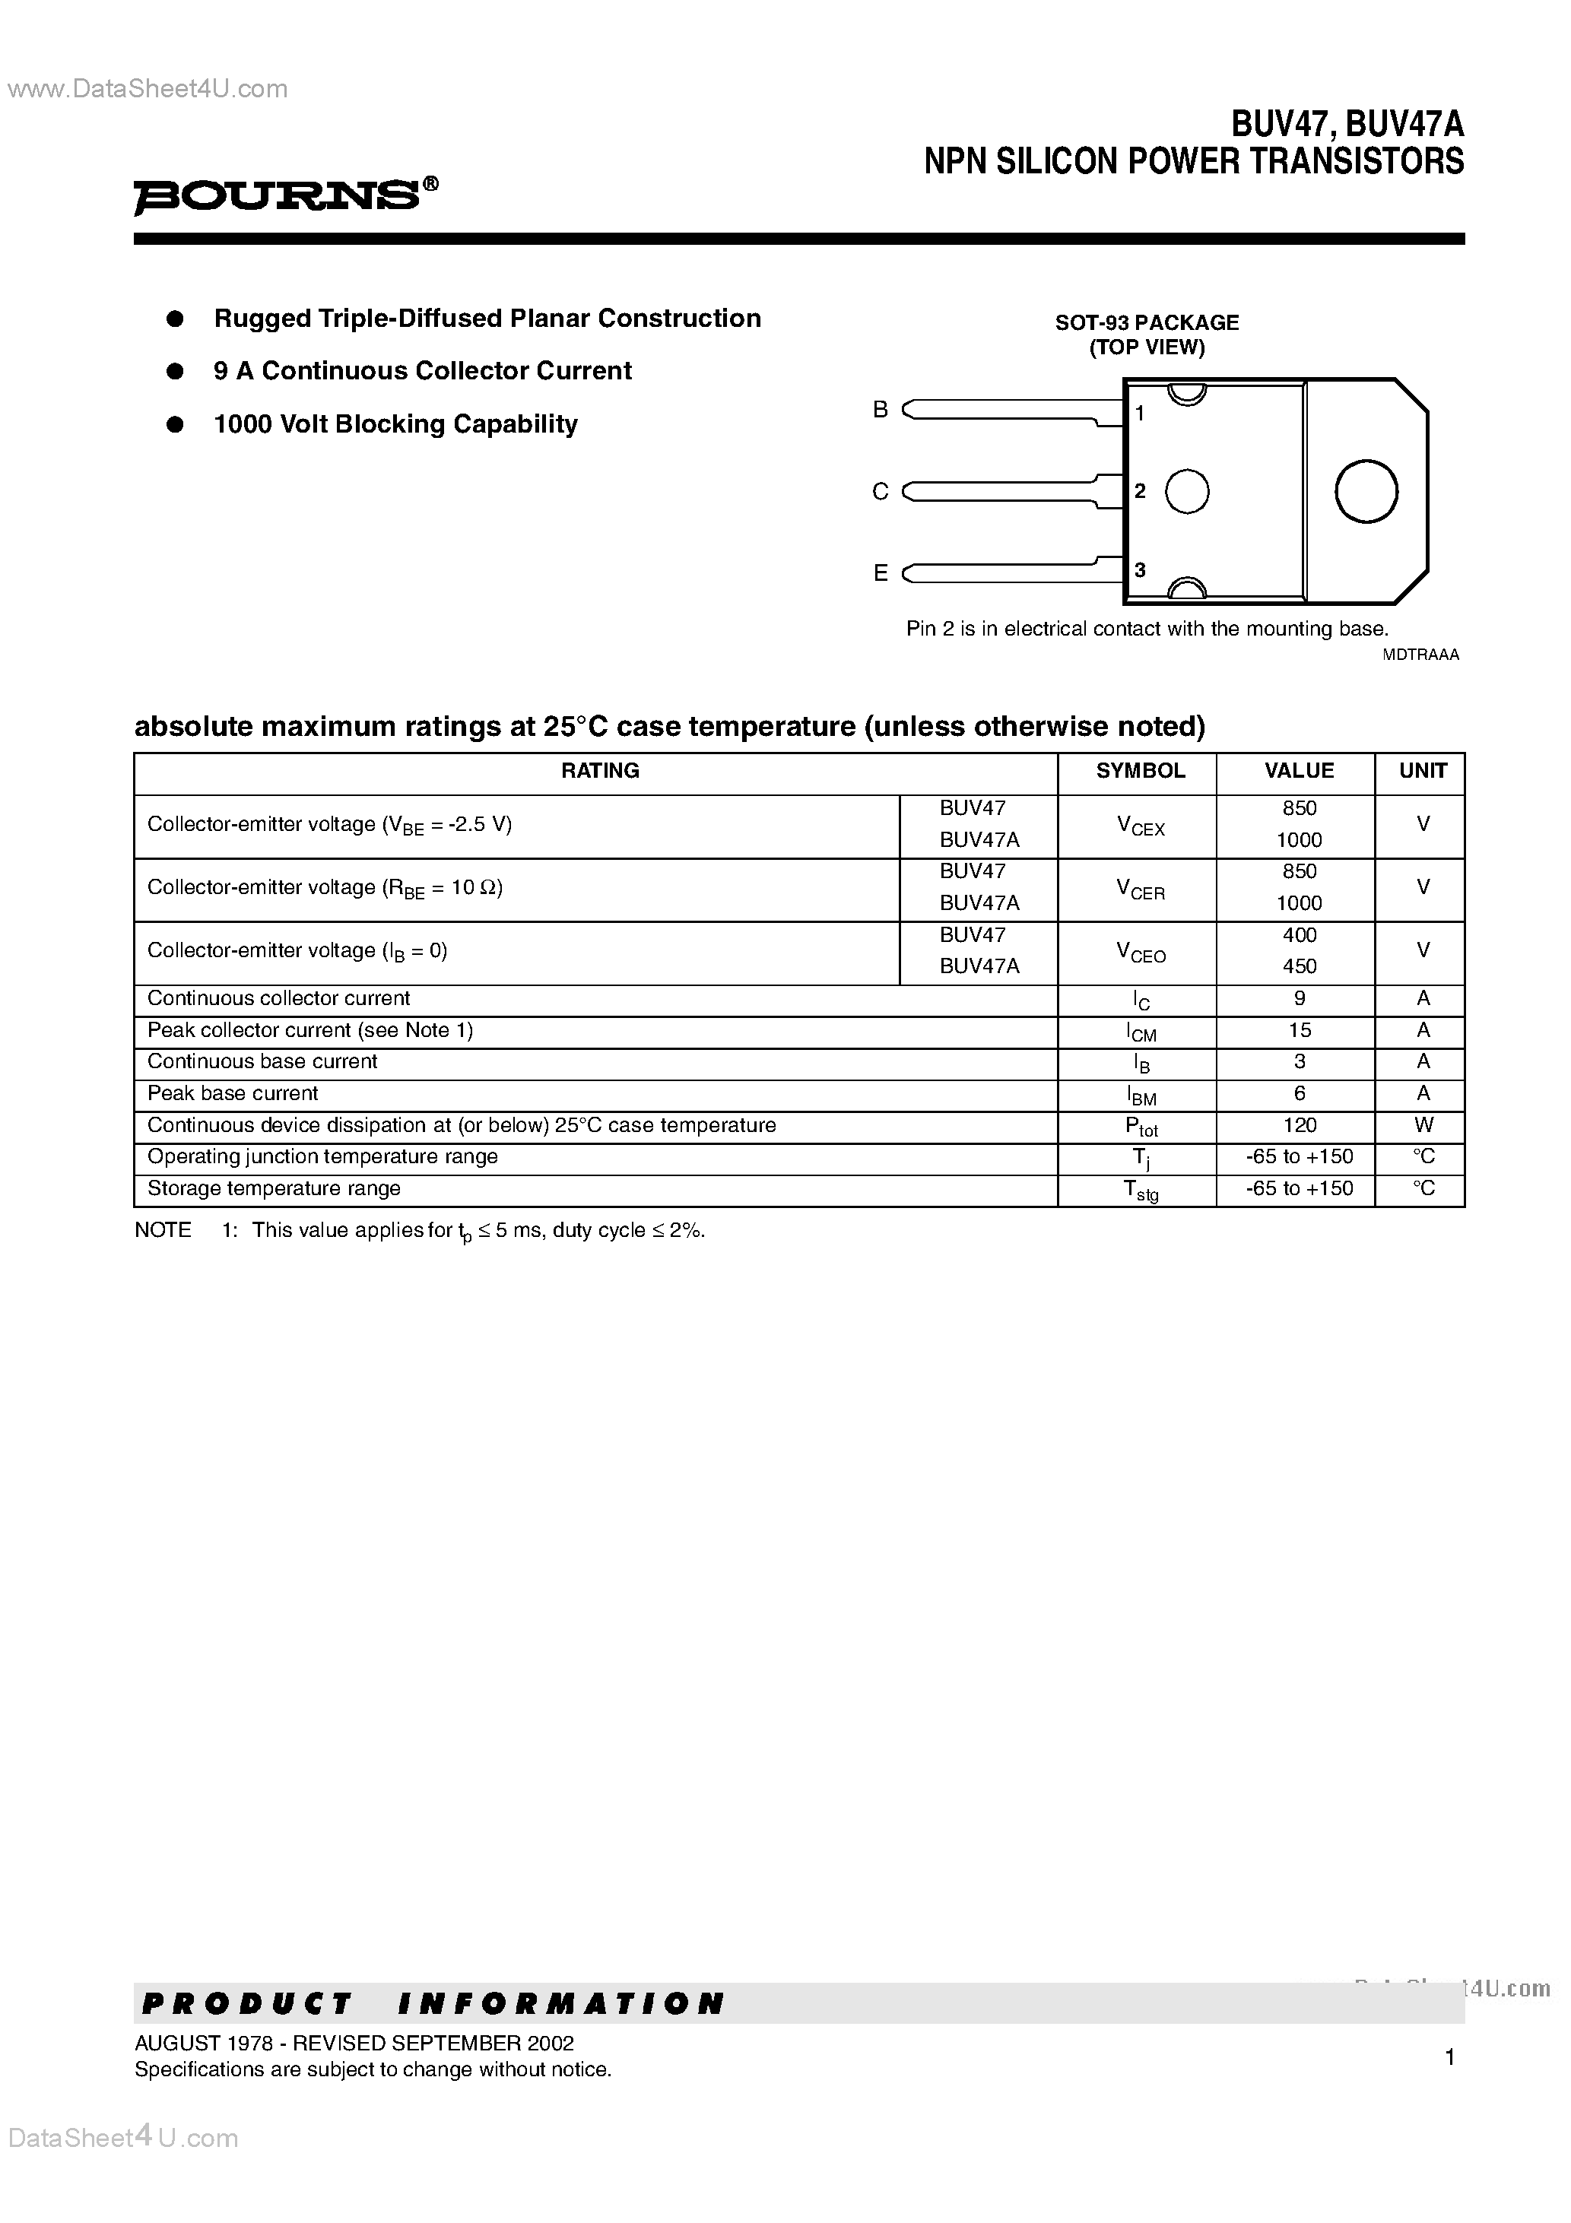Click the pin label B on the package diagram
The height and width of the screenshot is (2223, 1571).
click(x=880, y=410)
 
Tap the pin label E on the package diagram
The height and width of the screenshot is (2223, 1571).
click(x=881, y=573)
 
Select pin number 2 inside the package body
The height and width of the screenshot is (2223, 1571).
click(x=1140, y=491)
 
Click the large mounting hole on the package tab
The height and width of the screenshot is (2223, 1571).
click(x=1366, y=491)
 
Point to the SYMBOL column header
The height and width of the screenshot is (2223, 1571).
click(x=1140, y=771)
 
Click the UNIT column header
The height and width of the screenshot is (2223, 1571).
click(x=1422, y=771)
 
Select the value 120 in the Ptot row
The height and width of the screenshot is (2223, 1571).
click(x=1299, y=1125)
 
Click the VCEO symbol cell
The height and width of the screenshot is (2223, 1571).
click(x=1140, y=953)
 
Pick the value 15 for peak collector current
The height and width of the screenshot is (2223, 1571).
click(x=1299, y=1030)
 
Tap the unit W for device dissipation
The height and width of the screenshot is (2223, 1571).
click(x=1423, y=1125)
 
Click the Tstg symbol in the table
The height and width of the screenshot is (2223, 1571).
click(x=1140, y=1190)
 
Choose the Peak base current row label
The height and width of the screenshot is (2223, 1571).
click(x=233, y=1093)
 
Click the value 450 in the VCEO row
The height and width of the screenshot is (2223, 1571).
click(x=1299, y=966)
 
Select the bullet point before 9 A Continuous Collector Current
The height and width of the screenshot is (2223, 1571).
click(x=176, y=371)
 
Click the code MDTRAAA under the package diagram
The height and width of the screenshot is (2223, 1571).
click(x=1420, y=655)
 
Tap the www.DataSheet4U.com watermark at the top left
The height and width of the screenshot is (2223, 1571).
click(x=148, y=89)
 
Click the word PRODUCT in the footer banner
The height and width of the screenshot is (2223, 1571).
click(x=247, y=2003)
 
